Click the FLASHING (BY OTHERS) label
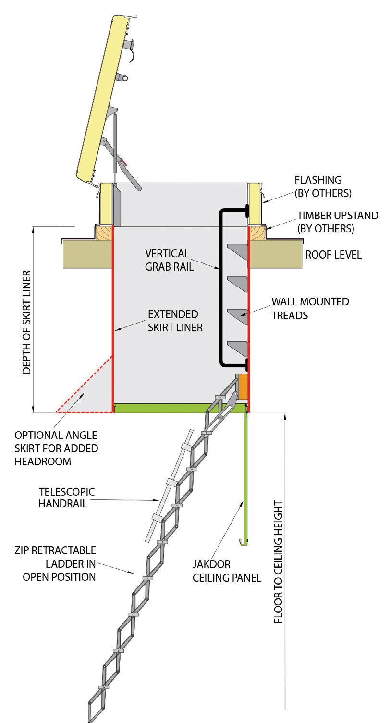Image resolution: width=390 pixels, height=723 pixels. (x=323, y=187)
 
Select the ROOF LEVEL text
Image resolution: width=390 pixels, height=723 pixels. (x=333, y=255)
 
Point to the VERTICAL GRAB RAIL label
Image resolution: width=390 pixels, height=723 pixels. (x=171, y=260)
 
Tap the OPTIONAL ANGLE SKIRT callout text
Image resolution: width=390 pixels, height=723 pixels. (x=56, y=448)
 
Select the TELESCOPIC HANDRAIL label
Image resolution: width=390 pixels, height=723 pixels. (x=67, y=499)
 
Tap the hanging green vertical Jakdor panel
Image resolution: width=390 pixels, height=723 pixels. (x=246, y=476)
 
